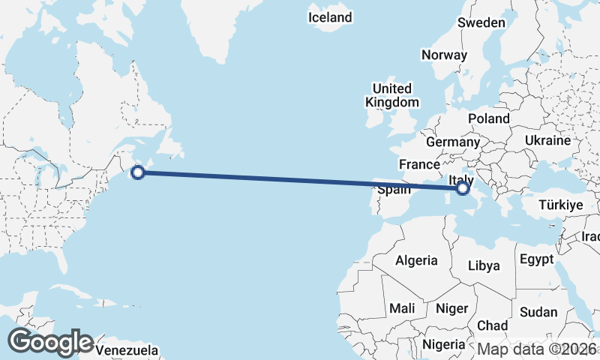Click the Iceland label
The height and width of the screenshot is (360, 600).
tap(330, 16)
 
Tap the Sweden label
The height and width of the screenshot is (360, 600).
tap(481, 22)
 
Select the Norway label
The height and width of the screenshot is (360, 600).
tap(444, 55)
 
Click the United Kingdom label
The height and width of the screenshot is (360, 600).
tap(392, 95)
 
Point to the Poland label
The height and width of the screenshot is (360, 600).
tap(488, 118)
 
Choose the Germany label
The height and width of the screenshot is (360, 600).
tap(452, 142)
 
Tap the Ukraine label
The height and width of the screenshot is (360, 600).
tap(547, 140)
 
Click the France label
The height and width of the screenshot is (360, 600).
tap(418, 164)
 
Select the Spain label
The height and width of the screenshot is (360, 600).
tap(394, 190)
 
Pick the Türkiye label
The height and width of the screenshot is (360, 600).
tap(561, 205)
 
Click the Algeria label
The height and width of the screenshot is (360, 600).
tap(416, 260)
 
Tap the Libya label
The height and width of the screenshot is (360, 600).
tap(483, 265)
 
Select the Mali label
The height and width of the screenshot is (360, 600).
tap(402, 308)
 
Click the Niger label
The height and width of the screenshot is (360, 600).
tap(451, 308)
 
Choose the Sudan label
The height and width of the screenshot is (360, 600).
tap(538, 312)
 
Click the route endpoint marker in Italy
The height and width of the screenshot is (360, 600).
tap(463, 188)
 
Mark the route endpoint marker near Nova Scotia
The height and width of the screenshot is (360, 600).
tap(137, 172)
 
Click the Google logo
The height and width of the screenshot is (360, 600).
tap(50, 342)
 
